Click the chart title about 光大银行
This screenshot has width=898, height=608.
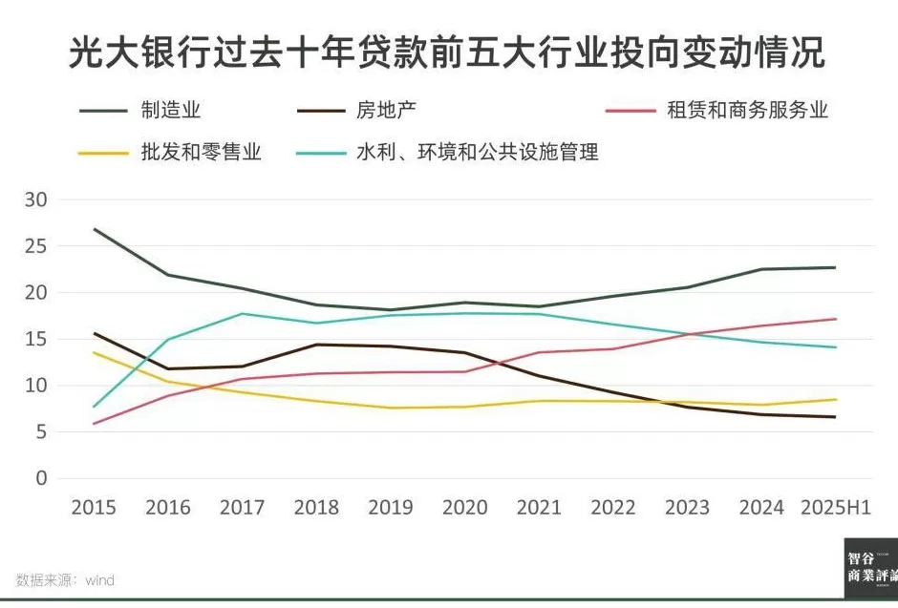(447, 52)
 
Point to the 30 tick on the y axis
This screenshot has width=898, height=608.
(35, 199)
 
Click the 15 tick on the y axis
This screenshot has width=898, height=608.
(35, 339)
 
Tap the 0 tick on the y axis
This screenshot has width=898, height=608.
(40, 478)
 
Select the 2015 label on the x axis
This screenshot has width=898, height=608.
(94, 508)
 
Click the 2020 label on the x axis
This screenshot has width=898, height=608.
(464, 508)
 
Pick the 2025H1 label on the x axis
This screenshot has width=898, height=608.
(835, 508)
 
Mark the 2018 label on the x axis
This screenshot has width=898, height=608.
(316, 508)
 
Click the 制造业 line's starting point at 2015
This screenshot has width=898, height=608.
(94, 229)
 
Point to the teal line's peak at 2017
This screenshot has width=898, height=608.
(242, 313)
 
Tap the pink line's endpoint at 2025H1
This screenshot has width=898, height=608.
(835, 319)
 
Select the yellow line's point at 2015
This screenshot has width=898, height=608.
(94, 352)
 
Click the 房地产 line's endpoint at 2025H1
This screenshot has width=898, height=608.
(835, 417)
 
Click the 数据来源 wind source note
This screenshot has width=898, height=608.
(65, 579)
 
